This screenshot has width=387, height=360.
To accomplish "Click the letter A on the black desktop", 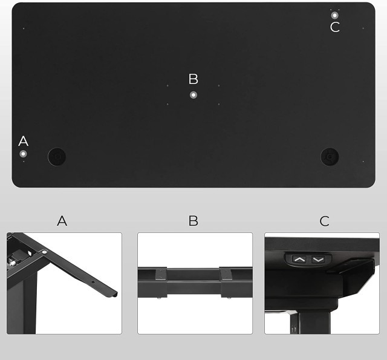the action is point(23,141).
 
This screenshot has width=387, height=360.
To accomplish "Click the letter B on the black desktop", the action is point(193,79).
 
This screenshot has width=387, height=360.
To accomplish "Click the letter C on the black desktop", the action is point(334,27).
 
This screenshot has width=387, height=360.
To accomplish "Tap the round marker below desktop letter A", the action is point(23,154).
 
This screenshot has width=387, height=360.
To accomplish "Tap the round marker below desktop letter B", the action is point(193,95).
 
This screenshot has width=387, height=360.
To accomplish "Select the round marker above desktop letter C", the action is point(334,15).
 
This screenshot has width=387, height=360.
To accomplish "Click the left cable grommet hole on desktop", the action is point(57,157).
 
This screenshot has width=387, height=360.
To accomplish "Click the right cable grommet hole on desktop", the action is point(330,157).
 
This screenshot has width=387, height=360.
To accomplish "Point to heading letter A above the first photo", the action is point(62,220).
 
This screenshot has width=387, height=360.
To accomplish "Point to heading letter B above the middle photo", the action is point(193,220).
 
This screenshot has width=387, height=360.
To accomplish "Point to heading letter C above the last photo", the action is point(324,221).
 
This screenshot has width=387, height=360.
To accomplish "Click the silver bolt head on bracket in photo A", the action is point(44,252).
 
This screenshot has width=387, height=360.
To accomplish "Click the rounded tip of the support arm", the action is point(114,295).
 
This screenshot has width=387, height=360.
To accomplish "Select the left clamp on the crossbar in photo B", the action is point(161,282).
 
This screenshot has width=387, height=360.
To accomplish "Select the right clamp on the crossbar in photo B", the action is point(226,282).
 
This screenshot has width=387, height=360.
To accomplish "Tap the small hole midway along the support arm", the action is point(93,282).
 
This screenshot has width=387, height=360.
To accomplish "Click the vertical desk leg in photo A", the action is point(22,304).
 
